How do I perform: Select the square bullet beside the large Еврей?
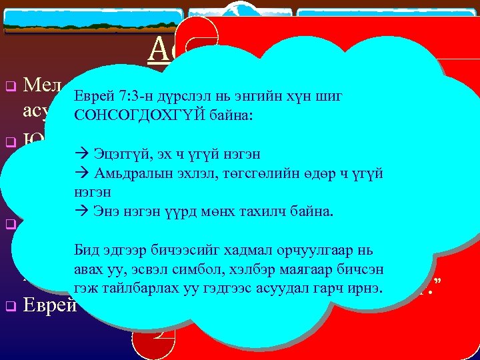(10, 307)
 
